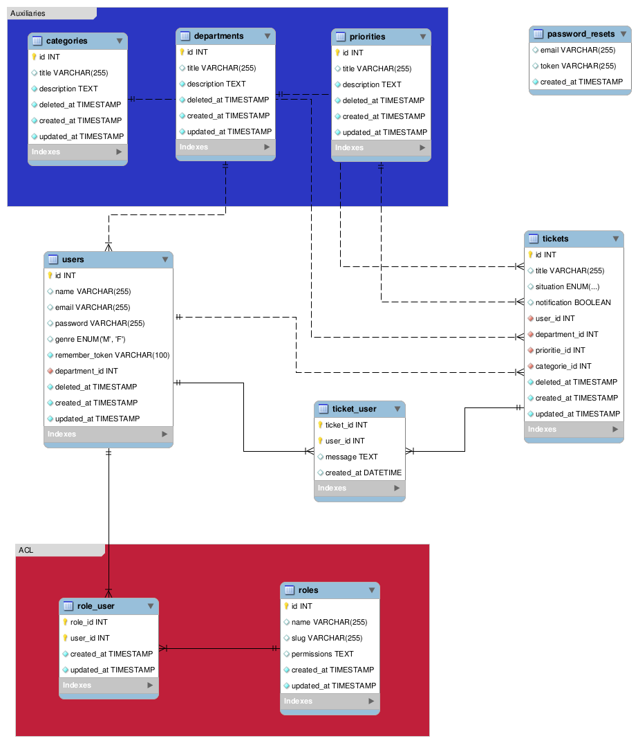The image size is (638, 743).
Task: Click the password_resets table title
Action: pyautogui.click(x=581, y=34)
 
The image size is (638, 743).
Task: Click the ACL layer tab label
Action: pyautogui.click(x=26, y=550)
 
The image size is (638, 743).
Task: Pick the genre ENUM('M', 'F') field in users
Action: pyautogui.click(x=90, y=339)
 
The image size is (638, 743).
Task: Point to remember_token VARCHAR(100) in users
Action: pyautogui.click(x=112, y=355)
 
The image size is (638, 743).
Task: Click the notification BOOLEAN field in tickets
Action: pyautogui.click(x=573, y=302)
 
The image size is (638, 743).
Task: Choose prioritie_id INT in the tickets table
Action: pyautogui.click(x=560, y=350)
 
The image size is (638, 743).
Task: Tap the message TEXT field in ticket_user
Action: pyautogui.click(x=351, y=457)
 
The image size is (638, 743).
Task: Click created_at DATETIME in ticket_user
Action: pyautogui.click(x=363, y=473)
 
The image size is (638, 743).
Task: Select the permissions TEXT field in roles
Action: pyautogui.click(x=322, y=654)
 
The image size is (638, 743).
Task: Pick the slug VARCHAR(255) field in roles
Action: pyautogui.click(x=326, y=638)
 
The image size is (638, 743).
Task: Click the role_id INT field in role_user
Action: pyautogui.click(x=88, y=622)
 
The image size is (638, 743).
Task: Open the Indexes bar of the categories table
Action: pyautogui.click(x=77, y=152)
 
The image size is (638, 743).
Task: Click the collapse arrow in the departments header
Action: pyautogui.click(x=267, y=36)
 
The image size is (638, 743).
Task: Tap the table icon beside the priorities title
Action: pyautogui.click(x=340, y=37)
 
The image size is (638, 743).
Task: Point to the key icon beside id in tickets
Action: pyautogui.click(x=530, y=255)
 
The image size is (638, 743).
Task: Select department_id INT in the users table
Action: pyautogui.click(x=86, y=371)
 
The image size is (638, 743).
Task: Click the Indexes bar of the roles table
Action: pyautogui.click(x=330, y=701)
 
